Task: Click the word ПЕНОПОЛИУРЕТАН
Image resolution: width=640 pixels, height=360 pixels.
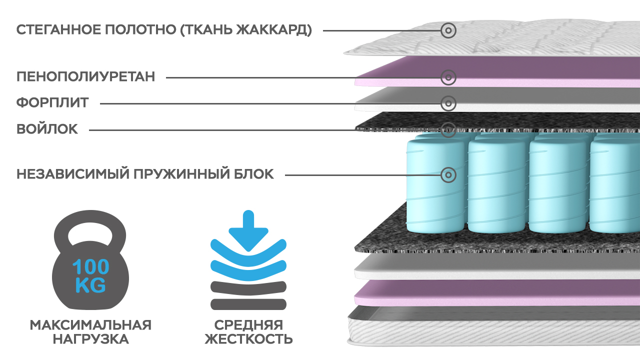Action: click(x=85, y=77)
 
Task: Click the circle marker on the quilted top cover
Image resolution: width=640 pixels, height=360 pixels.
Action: click(x=448, y=30)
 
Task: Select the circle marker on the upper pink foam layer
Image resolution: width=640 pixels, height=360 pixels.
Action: click(x=448, y=77)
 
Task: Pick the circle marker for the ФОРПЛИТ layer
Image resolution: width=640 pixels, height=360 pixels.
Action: click(x=448, y=103)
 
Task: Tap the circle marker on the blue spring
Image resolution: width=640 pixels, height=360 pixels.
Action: click(x=448, y=175)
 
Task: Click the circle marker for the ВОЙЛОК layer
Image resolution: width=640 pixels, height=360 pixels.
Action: click(x=448, y=129)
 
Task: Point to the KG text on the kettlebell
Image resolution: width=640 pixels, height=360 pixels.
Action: click(x=90, y=285)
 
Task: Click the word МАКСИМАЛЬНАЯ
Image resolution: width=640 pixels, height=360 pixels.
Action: click(x=90, y=325)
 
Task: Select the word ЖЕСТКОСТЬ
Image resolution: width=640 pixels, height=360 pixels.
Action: click(x=248, y=339)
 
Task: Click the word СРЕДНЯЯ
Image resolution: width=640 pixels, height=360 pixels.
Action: click(x=248, y=325)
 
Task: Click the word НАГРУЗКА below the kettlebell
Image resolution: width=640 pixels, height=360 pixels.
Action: click(x=90, y=339)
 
